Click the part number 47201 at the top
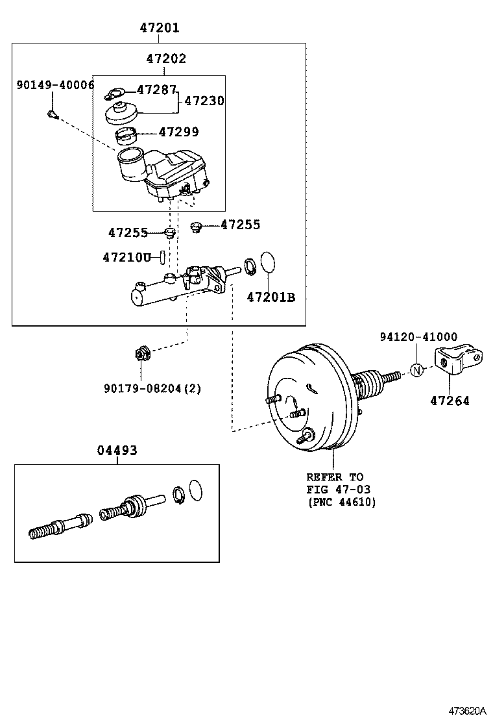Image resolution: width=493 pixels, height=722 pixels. pos(159,28)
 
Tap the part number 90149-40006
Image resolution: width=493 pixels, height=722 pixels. pos(56,85)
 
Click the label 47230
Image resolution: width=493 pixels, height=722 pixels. pos(204,101)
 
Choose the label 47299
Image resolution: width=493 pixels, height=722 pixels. pos(178,132)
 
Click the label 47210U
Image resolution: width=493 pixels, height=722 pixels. pos(126,257)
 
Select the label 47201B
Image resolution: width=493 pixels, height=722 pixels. pos(271,297)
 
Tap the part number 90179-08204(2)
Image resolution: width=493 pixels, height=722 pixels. pos(152,388)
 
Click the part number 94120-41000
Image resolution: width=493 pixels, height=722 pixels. pos(418,337)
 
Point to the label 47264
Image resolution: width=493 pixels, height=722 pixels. pos(450,401)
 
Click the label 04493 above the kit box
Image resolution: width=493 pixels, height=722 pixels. pos(117,451)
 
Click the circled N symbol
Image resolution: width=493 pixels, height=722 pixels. pos(417,371)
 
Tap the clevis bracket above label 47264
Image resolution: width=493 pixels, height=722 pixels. pos(459,360)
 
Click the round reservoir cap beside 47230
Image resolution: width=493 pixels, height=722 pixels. pos(121,112)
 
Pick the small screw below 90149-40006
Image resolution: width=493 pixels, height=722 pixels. pos(53,115)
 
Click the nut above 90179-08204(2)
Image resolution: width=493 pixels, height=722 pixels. pos(141,355)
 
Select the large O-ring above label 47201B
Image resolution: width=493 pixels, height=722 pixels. pos(267,264)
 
